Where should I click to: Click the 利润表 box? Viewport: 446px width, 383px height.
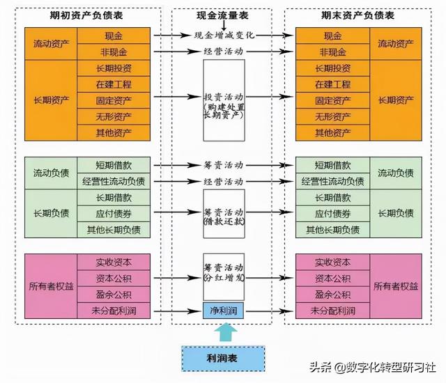click(x=223, y=359)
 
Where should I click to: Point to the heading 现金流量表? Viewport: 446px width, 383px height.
click(x=224, y=15)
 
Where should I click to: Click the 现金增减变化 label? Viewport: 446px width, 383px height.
click(x=224, y=35)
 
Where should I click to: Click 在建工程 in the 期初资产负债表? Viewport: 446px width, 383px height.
click(x=114, y=84)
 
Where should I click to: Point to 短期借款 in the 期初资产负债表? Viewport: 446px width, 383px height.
click(x=114, y=166)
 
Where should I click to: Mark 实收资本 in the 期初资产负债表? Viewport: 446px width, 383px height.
click(x=114, y=263)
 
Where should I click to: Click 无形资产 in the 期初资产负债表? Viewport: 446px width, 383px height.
click(x=114, y=116)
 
